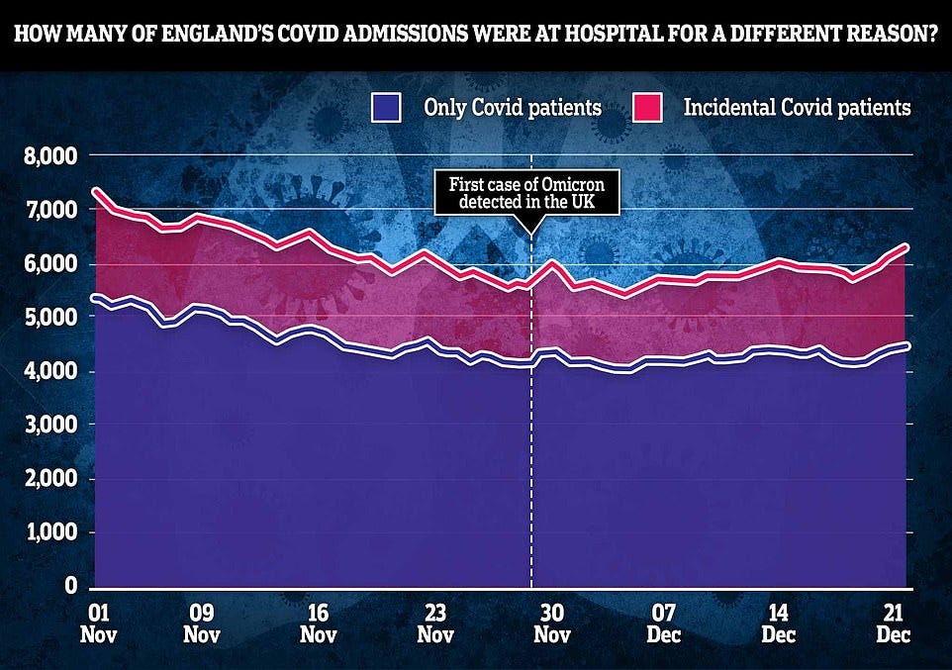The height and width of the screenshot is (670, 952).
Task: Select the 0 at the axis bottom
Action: [71, 586]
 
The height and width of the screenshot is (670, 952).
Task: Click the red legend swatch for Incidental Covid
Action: [647, 107]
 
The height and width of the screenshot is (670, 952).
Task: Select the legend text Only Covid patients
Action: [512, 107]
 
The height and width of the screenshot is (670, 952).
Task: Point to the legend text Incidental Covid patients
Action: [797, 107]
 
